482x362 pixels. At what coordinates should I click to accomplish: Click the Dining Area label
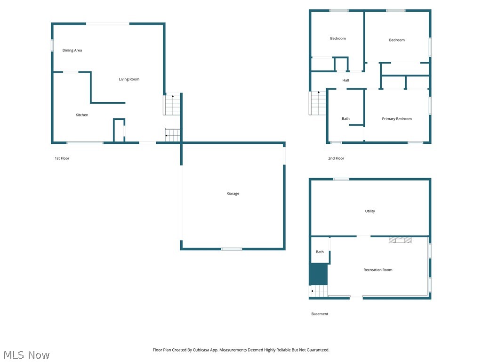pos(72,50)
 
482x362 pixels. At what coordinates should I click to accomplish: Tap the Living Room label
pos(129,79)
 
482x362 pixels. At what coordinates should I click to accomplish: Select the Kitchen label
pos(82,115)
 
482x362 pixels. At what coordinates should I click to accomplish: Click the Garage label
pos(233,194)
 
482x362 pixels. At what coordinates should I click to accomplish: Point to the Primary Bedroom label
pos(397,119)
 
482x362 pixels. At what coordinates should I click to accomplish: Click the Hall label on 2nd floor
pos(345,81)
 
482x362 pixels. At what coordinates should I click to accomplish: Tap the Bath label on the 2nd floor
pos(345,119)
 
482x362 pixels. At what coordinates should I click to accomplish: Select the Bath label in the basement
pos(320,252)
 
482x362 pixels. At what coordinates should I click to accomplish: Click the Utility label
pos(370,211)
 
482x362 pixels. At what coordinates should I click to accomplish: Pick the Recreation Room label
pos(378,270)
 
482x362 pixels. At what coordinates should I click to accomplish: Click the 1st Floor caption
pos(62,158)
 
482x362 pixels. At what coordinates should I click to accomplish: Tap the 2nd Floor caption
pos(336,158)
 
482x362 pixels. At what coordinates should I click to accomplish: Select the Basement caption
pos(320,314)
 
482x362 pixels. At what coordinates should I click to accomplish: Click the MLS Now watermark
pos(26,355)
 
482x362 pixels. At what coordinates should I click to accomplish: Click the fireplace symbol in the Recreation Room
pos(400,240)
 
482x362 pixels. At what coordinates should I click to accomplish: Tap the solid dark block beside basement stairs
pos(318,274)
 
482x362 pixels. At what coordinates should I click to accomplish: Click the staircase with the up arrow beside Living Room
pos(172,105)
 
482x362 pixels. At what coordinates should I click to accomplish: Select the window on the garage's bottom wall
pos(232,249)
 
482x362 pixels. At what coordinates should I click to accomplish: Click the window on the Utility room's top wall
pos(341,179)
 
